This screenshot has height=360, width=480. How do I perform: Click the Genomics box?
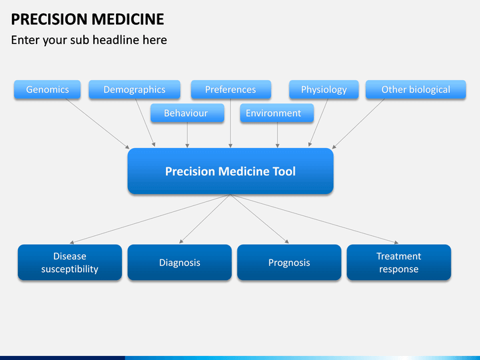47,89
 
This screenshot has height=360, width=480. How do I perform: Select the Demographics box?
135,89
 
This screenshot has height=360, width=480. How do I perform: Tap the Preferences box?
231,89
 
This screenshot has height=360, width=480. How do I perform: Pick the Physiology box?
324,89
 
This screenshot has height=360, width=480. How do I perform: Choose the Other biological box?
416,89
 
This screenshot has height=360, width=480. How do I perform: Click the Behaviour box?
187,113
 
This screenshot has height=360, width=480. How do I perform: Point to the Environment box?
277,113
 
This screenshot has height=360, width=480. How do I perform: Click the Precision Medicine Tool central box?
231,171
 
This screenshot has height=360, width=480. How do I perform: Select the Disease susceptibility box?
70,263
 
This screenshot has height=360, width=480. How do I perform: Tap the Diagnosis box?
180,263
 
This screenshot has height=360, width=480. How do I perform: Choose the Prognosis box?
289,263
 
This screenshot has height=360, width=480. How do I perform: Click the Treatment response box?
399,263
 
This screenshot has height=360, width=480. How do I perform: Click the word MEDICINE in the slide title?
128,19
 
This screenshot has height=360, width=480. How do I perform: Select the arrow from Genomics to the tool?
97,124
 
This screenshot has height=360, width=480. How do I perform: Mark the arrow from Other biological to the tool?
358,124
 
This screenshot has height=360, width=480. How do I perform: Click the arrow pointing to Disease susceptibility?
150,219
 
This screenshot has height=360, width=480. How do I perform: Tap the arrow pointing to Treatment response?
315,219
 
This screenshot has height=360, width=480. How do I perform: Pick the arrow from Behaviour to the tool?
187,135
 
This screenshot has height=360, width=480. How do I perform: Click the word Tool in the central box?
284,171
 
